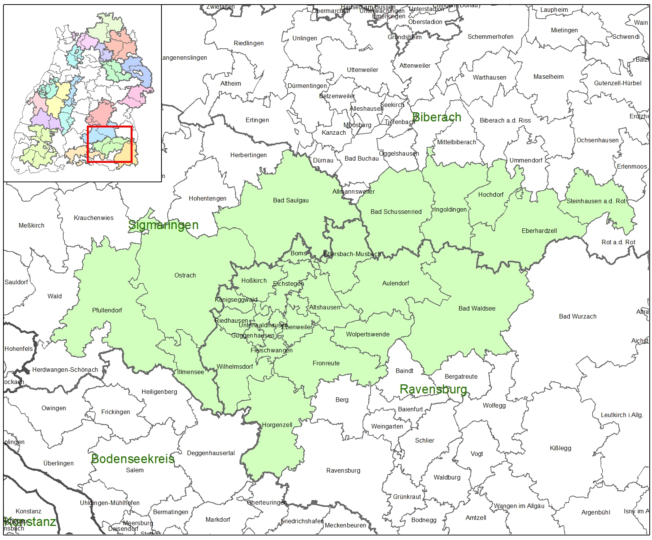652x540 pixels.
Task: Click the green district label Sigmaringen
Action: tap(163, 225)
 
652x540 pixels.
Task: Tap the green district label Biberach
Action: tap(437, 117)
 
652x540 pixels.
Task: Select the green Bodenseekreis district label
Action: tap(133, 459)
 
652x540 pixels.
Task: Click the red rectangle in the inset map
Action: tap(110, 144)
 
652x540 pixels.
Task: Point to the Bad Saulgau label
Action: tap(291, 200)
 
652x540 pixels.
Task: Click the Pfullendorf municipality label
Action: tap(107, 310)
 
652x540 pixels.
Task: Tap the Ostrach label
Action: tap(185, 275)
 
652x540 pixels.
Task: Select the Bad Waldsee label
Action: tap(477, 308)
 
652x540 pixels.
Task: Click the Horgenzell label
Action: tap(277, 425)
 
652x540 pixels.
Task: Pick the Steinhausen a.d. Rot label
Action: tap(596, 201)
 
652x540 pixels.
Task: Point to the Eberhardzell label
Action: tap(539, 231)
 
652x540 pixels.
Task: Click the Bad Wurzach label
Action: tap(577, 316)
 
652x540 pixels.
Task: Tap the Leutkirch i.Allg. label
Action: tap(622, 415)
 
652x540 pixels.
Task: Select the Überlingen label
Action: tap(59, 463)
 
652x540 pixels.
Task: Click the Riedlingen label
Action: tap(249, 43)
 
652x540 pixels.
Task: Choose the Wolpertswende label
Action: tap(368, 334)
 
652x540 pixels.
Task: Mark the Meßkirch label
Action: tap(31, 225)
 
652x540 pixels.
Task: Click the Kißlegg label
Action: tap(560, 448)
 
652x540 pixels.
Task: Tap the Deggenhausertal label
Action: tap(211, 453)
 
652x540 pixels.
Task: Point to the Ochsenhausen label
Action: tap(597, 140)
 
